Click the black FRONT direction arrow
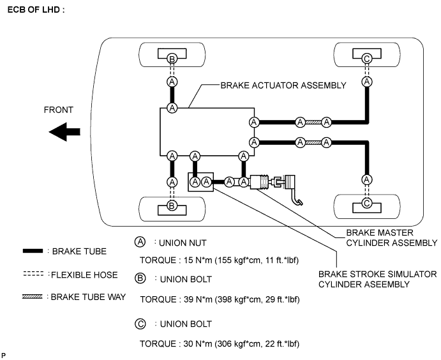click(64, 132)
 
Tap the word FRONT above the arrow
click(59, 110)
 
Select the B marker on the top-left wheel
click(172, 59)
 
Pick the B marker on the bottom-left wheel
click(172, 206)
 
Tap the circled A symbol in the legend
click(140, 243)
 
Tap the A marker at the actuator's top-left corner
click(172, 108)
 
